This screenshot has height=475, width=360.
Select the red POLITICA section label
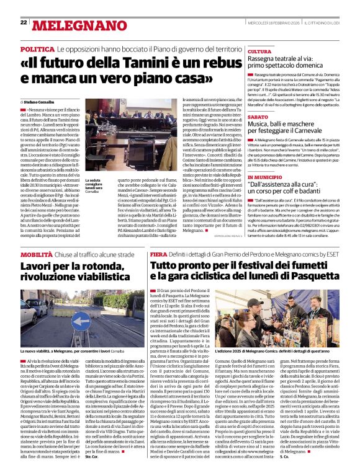pyautogui.click(x=37, y=48)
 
